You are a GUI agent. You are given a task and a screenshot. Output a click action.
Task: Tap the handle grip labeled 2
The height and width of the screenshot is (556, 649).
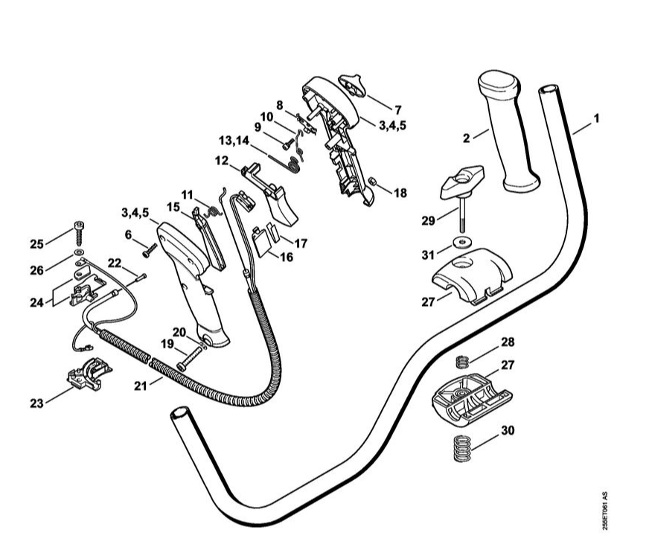[508, 134]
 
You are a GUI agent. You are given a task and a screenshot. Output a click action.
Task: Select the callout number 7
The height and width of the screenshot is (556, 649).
[397, 109]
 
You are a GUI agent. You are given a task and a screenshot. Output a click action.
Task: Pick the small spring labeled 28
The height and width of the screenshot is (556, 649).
[461, 362]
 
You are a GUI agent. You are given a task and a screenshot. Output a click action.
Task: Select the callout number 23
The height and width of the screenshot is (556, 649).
[36, 403]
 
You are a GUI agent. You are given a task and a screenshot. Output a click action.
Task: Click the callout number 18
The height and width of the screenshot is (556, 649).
[400, 194]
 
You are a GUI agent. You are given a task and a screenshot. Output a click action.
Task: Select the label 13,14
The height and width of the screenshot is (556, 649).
[235, 141]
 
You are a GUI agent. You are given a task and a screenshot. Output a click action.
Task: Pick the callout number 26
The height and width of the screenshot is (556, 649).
[36, 269]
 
